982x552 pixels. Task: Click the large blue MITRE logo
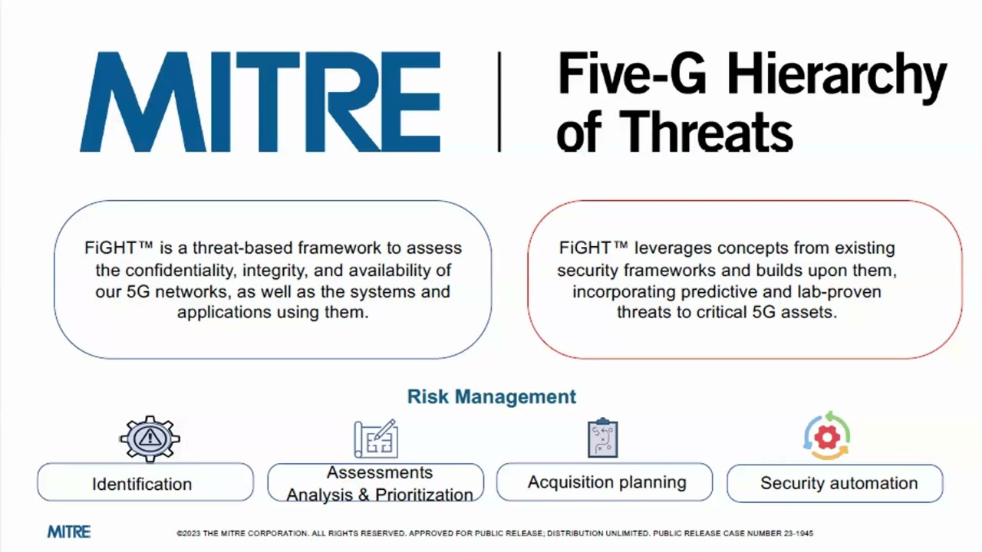260,102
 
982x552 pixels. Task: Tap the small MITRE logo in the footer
69,532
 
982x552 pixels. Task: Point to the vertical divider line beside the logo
499,101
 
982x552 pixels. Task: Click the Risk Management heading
491,396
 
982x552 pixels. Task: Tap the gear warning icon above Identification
150,439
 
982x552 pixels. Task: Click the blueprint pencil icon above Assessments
375,439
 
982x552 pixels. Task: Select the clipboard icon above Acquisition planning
602,439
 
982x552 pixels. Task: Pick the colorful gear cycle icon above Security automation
827,437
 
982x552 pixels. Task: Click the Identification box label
142,484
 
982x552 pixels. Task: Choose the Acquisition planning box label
607,482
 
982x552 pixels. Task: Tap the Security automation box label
839,483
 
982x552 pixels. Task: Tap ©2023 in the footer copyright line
189,533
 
